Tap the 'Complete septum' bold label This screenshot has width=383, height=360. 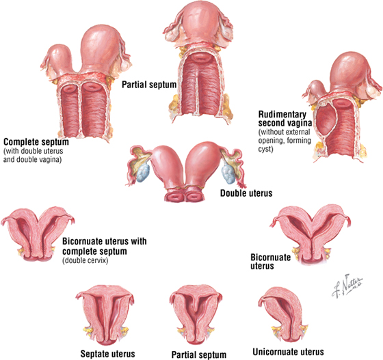[x=36, y=142]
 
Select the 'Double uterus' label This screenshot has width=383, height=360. [x=246, y=193]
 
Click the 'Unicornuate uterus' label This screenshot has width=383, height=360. [x=288, y=352]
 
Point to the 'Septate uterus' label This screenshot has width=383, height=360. [x=108, y=354]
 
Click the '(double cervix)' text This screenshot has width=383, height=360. [x=85, y=261]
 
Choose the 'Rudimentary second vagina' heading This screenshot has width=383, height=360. [x=285, y=119]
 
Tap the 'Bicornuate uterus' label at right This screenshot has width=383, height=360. [x=271, y=262]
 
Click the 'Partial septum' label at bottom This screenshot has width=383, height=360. [x=199, y=355]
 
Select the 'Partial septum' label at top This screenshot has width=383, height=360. [x=149, y=85]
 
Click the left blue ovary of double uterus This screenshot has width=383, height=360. [x=142, y=174]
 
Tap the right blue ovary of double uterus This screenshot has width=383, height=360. [x=228, y=174]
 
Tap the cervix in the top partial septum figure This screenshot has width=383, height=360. [x=200, y=57]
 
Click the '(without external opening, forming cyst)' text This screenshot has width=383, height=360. [x=285, y=141]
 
